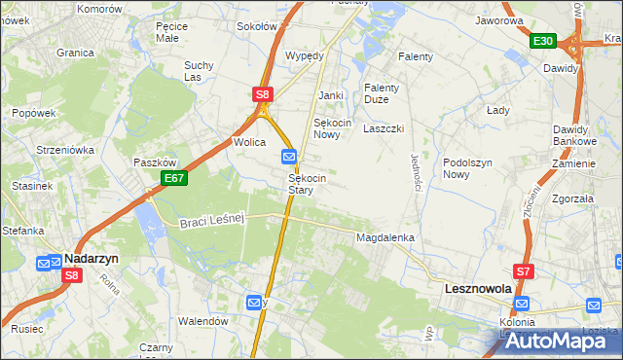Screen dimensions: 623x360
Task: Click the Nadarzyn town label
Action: [92, 259]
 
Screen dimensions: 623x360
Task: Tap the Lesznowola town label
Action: [478, 289]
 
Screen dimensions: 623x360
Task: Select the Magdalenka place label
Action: [385, 237]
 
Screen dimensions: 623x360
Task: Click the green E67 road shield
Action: [175, 178]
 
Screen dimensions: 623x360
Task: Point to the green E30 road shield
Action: [543, 41]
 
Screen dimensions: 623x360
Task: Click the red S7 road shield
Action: [524, 271]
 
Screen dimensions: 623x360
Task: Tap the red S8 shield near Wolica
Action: [263, 94]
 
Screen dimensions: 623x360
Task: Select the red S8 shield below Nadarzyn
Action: [71, 276]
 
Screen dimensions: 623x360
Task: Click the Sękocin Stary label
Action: [307, 184]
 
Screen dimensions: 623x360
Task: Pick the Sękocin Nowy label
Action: [332, 128]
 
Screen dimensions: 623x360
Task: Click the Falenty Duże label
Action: [383, 92]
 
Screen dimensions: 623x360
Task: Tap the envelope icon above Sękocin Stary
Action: [290, 156]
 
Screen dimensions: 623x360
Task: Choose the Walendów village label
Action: [202, 320]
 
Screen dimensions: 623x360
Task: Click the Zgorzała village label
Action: [571, 198]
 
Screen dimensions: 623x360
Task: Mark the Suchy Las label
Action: [199, 71]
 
